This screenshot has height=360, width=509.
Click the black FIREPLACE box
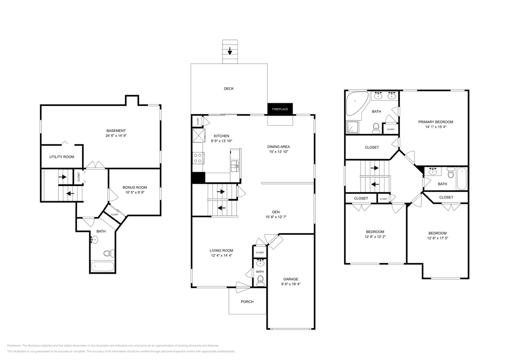280,109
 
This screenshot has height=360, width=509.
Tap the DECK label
228,88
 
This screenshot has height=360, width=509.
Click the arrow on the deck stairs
230,51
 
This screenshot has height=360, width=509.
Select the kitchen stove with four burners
198,158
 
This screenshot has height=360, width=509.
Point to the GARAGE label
291,279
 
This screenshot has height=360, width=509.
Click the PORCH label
247,302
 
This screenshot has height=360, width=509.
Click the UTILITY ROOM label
62,157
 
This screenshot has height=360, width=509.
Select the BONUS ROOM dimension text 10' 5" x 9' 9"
135,192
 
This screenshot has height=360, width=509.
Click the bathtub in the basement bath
102,266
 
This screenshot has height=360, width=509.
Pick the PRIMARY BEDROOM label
436,122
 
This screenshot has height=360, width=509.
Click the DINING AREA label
279,147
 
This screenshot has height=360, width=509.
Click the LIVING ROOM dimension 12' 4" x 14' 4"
221,255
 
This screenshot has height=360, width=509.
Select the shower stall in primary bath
353,127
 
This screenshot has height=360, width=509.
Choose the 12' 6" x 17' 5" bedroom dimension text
437,238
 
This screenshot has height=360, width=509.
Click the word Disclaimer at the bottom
14,346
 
